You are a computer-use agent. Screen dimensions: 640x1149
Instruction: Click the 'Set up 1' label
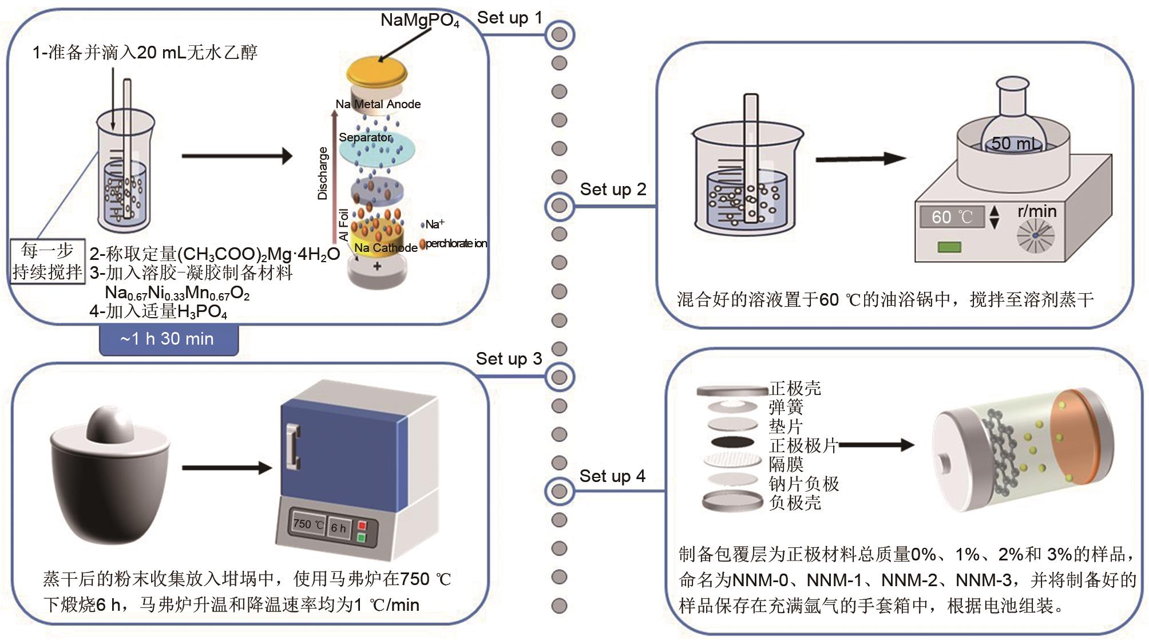coord(509,18)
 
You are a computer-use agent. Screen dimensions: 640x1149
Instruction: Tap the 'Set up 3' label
coord(509,359)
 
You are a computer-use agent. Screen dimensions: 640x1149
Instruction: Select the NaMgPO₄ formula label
coord(420,21)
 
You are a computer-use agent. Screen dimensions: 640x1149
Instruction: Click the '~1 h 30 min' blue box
coord(168,339)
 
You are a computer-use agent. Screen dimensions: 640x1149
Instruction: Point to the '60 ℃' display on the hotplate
coord(952,217)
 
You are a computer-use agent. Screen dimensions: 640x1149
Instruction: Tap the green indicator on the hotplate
coord(949,247)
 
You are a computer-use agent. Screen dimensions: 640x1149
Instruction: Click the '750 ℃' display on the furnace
coord(308,524)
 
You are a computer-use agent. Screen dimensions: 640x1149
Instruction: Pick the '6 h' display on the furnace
coord(339,528)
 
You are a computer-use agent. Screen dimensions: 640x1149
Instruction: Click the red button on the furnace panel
coord(362,526)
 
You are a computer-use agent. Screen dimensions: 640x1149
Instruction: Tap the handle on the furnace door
coord(293,447)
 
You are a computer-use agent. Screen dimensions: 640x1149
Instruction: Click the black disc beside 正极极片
coord(731,442)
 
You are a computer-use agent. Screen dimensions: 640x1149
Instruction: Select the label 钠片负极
coord(803,484)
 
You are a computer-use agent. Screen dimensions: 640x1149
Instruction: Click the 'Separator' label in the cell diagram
coord(364,137)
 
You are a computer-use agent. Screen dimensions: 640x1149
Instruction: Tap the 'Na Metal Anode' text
coord(378,104)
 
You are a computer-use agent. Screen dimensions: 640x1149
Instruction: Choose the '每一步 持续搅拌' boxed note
coord(47,261)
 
